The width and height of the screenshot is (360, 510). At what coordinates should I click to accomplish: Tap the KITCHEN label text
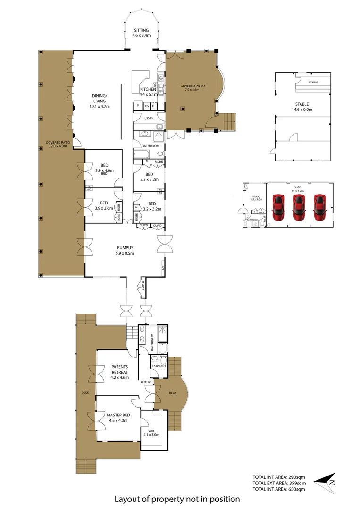[148, 89]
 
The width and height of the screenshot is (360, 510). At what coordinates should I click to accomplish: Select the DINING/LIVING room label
[99, 98]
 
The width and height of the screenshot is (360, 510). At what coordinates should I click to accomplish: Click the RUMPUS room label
[126, 247]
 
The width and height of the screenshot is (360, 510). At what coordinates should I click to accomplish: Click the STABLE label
[302, 104]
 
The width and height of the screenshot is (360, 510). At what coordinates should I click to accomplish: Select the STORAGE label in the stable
[313, 83]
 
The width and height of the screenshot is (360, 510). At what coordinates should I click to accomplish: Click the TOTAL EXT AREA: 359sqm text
[279, 483]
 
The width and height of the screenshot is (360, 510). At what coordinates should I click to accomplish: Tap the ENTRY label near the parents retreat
[145, 382]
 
